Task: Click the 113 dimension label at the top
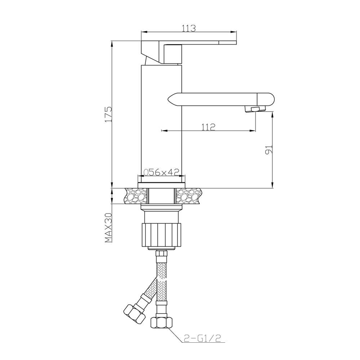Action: (188, 28)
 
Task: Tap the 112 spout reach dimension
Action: (208, 127)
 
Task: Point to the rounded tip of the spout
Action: (268, 99)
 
